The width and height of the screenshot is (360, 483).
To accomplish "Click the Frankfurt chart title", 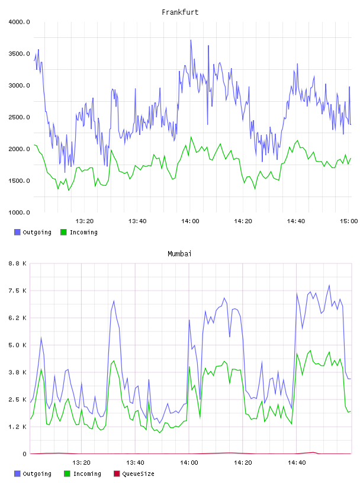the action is [x=180, y=12].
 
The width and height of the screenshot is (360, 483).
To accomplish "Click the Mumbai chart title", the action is [x=179, y=254].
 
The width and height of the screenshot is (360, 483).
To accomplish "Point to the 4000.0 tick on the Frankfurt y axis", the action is [x=19, y=22].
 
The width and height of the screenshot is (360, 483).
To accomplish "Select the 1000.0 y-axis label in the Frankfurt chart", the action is [x=19, y=212].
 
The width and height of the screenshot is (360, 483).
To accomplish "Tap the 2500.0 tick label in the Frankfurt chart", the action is [x=19, y=117].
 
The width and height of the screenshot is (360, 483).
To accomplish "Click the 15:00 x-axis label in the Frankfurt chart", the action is [x=349, y=221].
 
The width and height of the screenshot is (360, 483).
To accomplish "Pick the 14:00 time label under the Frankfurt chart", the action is [x=190, y=221].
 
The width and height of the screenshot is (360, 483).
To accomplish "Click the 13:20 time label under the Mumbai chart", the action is [x=81, y=463].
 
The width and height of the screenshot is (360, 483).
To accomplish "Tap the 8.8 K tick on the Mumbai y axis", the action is [x=18, y=263].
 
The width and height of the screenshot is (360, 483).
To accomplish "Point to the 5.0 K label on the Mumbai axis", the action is [x=18, y=345].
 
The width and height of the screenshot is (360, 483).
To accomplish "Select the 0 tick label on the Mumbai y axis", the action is [x=25, y=454].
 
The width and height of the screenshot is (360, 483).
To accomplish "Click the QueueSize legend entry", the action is [x=138, y=474].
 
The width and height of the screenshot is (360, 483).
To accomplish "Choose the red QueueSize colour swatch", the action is [x=117, y=474].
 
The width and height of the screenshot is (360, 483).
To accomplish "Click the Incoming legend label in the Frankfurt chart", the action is [x=83, y=232].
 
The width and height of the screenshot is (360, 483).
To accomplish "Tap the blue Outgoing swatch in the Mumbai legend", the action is [x=17, y=474].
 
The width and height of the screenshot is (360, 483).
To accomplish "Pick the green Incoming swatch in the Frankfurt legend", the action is [x=63, y=232].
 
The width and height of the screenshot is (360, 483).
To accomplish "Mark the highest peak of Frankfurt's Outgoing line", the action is [x=191, y=40].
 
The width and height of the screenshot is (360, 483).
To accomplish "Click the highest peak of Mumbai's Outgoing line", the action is [x=329, y=285].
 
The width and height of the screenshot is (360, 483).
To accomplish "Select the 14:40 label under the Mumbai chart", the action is [x=297, y=463].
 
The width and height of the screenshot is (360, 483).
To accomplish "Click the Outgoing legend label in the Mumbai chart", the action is [x=37, y=474].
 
